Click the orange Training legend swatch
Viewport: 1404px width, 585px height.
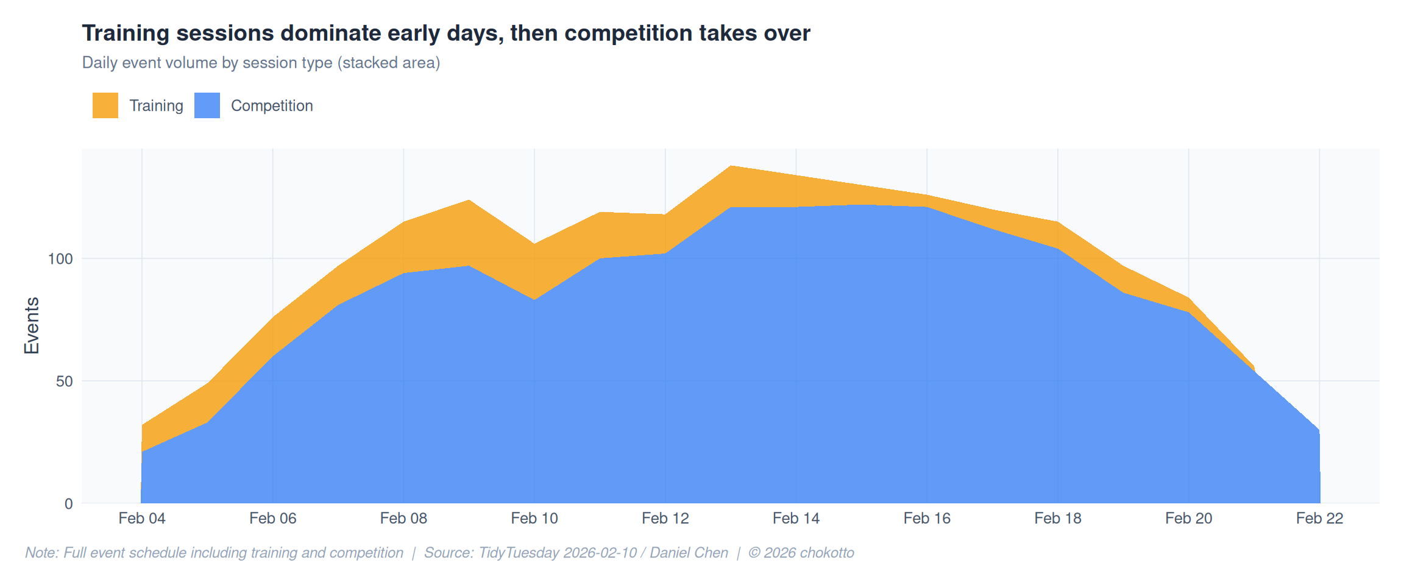pos(105,105)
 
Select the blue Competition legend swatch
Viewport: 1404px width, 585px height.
pos(207,105)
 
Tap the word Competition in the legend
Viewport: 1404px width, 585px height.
pos(272,105)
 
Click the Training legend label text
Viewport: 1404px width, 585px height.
pos(156,105)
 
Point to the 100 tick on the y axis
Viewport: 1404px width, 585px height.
pos(60,259)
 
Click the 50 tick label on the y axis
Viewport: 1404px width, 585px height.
pos(64,381)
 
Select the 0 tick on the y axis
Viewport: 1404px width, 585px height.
pos(69,504)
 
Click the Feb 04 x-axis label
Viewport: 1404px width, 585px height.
pos(142,519)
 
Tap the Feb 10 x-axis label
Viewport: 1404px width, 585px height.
pos(534,519)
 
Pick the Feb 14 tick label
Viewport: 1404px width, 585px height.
pos(796,519)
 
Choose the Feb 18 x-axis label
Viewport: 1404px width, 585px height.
pos(1058,519)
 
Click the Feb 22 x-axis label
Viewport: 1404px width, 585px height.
pos(1319,519)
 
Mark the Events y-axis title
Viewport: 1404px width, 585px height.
pos(32,325)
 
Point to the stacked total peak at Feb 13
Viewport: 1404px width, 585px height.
pos(731,166)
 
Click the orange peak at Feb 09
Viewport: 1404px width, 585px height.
pos(469,200)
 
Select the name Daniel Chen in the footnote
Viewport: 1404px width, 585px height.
pos(689,553)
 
